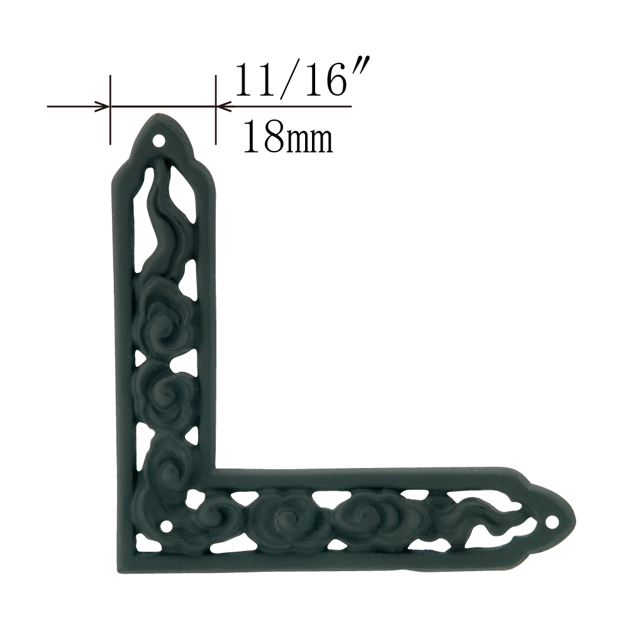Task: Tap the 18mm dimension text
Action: [x=288, y=136]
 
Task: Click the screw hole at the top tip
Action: [x=159, y=141]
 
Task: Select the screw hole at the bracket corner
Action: [x=167, y=525]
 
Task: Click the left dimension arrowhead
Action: [x=102, y=107]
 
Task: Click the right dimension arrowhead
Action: [x=223, y=107]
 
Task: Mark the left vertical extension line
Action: [x=110, y=109]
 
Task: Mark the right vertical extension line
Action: [x=216, y=109]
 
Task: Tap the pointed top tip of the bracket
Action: [x=157, y=114]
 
